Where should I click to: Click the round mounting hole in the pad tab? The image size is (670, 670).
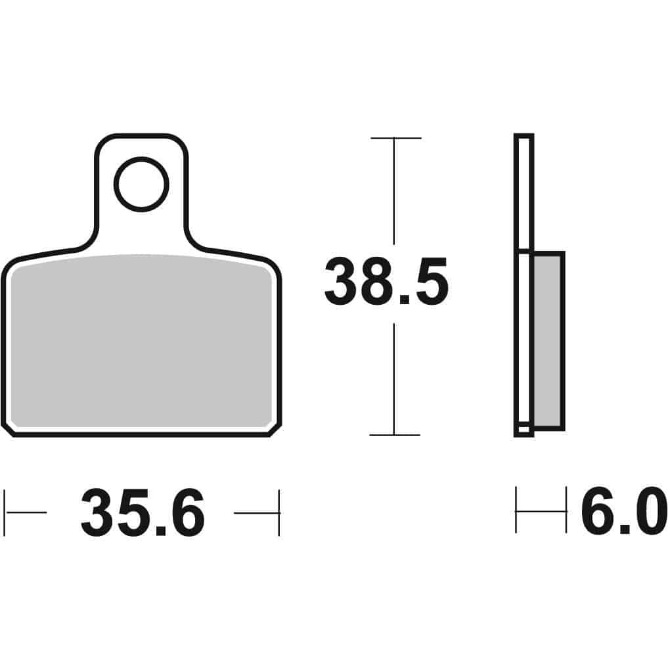tap(141, 184)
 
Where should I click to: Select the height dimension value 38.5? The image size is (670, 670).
tap(386, 283)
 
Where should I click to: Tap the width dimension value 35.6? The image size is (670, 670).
tap(143, 514)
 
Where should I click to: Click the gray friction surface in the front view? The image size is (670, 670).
tap(141, 342)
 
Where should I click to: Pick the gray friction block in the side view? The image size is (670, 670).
tap(547, 341)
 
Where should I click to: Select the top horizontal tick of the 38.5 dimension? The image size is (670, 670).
tap(395, 138)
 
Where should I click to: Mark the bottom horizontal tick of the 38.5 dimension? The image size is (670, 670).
tap(394, 435)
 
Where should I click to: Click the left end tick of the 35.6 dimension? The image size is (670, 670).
tap(5, 512)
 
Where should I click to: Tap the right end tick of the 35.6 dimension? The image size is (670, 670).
tap(279, 512)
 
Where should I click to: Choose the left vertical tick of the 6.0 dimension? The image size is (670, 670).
tap(516, 510)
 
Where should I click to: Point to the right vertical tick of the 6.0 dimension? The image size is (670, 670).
tap(566, 510)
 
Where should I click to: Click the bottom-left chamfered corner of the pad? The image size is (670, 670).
tap(9, 429)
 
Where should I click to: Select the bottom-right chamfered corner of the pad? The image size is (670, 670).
tap(275, 429)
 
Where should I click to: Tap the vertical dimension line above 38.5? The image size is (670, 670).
tap(394, 190)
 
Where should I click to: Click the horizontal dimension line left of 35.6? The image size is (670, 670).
tap(26, 512)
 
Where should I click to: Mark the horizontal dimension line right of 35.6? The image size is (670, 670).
tap(256, 512)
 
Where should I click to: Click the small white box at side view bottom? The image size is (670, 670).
tap(524, 429)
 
